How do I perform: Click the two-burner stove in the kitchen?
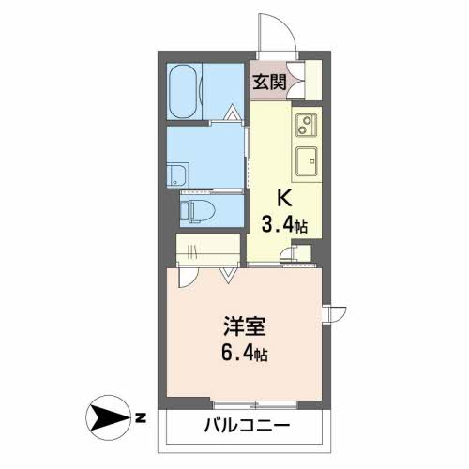click(x=307, y=125)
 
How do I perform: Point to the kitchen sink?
click(x=308, y=161)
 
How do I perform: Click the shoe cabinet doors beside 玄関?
click(x=302, y=80)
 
